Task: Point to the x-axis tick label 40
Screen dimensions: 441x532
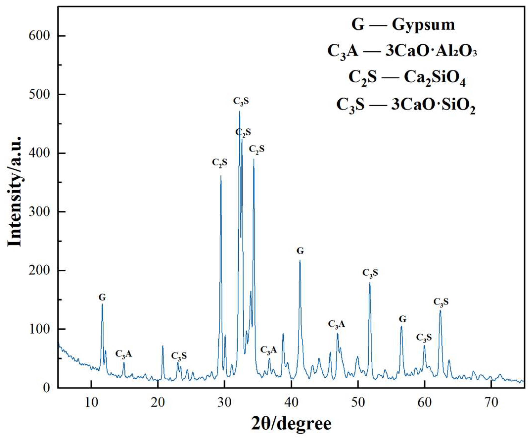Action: pyautogui.click(x=291, y=403)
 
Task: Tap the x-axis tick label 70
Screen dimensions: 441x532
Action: pyautogui.click(x=491, y=403)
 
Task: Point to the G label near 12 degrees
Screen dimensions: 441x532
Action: pyautogui.click(x=102, y=297)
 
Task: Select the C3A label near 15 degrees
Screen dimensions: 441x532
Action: pyautogui.click(x=124, y=354)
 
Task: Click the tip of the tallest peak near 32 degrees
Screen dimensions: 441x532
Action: pyautogui.click(x=239, y=111)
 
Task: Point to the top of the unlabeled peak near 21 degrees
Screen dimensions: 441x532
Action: pyautogui.click(x=163, y=346)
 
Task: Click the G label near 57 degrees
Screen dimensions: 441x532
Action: pyautogui.click(x=403, y=319)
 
